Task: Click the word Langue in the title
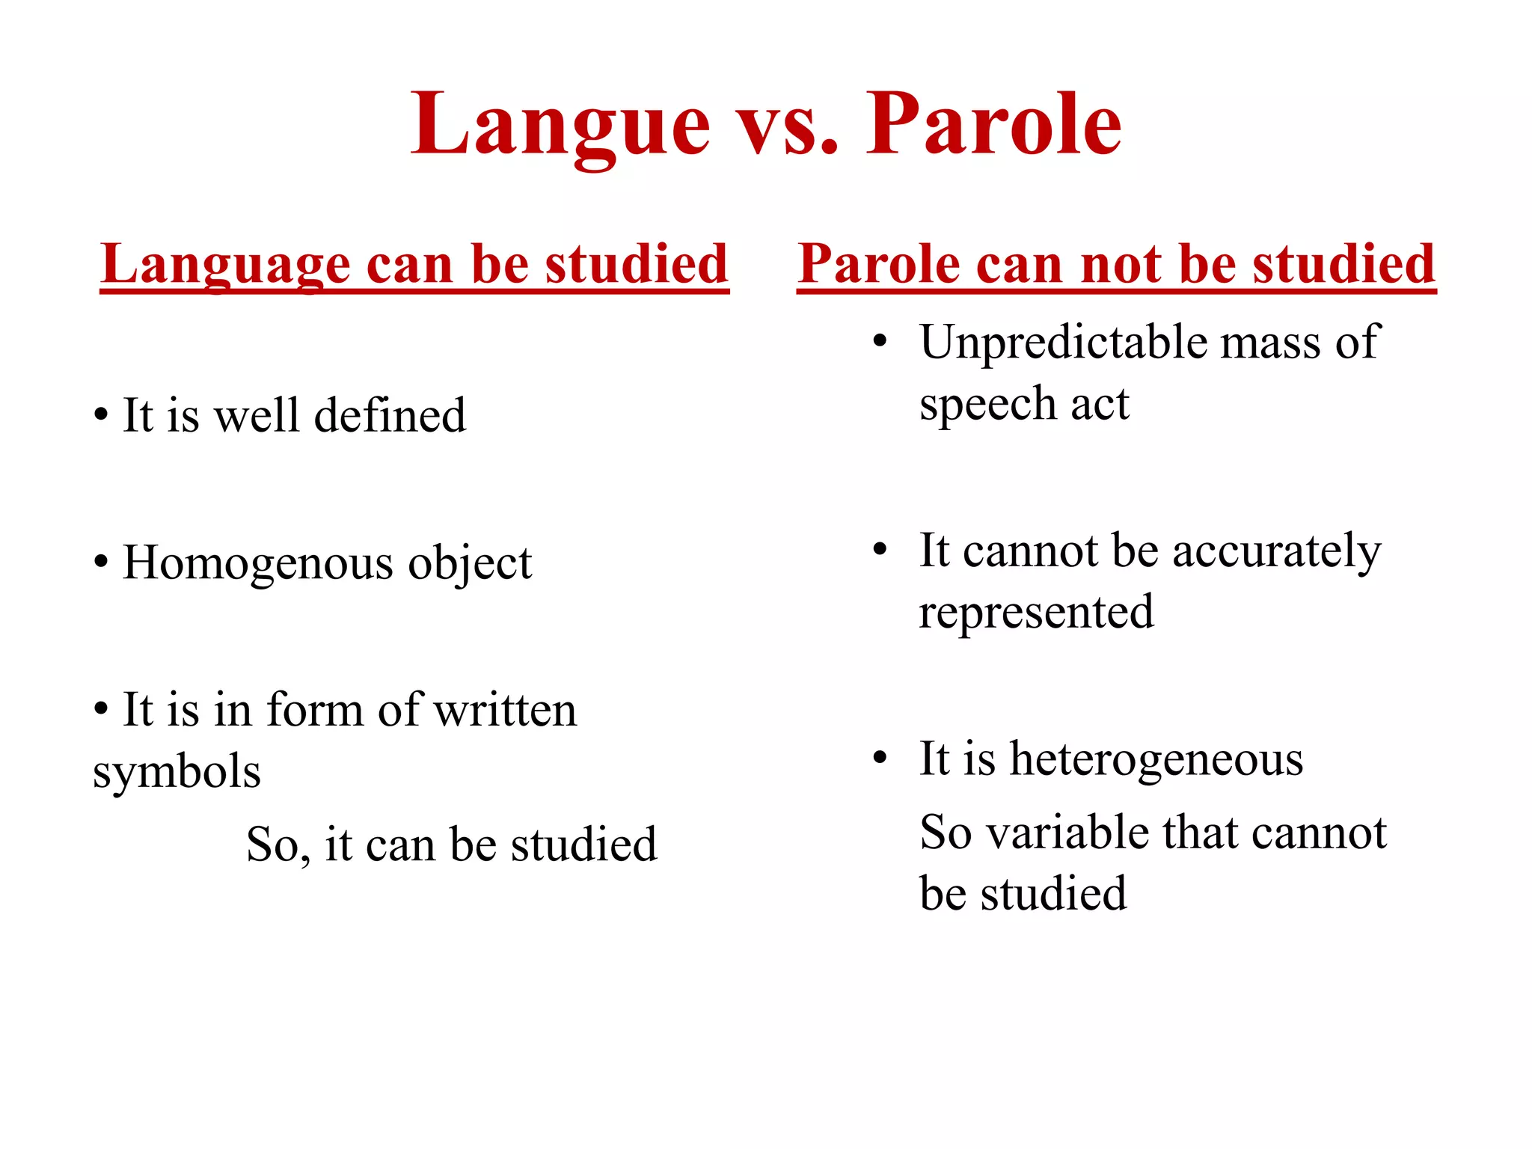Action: (x=560, y=125)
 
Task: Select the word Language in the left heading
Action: (x=225, y=265)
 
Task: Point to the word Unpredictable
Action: (x=1062, y=343)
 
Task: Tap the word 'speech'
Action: (x=987, y=405)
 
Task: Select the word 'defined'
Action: (x=390, y=415)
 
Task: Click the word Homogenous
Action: (x=257, y=563)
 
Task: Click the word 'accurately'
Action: (x=1276, y=552)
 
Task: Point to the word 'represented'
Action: (x=1036, y=613)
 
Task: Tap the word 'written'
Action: (x=505, y=710)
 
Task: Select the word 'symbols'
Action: (x=177, y=772)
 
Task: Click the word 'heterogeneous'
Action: (x=1156, y=760)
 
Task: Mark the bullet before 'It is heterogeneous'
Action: (x=880, y=758)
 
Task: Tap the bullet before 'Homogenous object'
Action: (x=101, y=562)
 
